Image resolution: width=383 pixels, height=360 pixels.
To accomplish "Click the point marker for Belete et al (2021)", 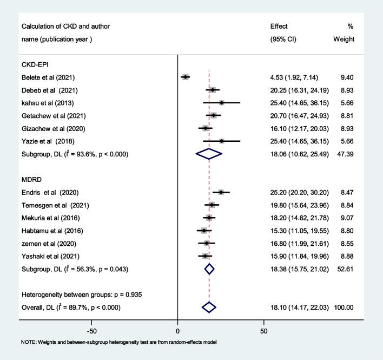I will [186, 77].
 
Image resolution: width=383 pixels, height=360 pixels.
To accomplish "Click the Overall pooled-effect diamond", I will [209, 307].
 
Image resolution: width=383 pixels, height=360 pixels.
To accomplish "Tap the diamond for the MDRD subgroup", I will [209, 269].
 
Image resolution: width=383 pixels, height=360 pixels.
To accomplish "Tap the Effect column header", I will [279, 27].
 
